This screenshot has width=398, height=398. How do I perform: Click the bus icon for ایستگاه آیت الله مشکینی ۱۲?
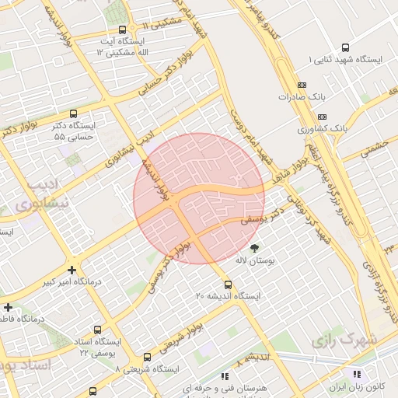[x=122, y=30]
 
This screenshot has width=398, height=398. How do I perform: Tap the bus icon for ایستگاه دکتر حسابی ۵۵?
[x=73, y=113]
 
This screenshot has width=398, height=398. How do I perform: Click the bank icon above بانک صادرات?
[x=302, y=86]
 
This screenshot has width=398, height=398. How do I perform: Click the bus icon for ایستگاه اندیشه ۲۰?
[x=228, y=285]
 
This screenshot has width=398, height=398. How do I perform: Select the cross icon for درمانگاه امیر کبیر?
[x=71, y=270]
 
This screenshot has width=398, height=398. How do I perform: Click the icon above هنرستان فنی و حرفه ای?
[x=225, y=376]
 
